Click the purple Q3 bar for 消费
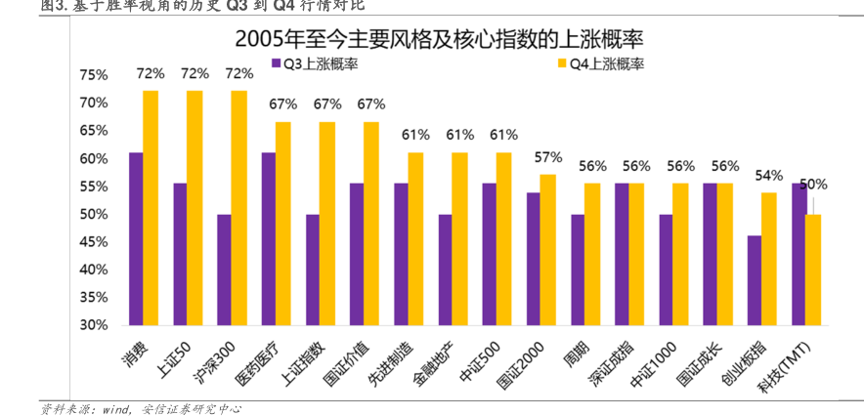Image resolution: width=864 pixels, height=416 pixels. (x=136, y=238)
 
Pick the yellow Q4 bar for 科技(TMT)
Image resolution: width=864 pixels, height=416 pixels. (x=813, y=270)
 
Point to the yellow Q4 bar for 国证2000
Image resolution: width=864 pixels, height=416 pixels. (x=548, y=249)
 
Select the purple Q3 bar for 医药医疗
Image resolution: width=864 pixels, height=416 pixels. (x=268, y=238)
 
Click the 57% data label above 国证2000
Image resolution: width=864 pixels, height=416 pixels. (x=548, y=157)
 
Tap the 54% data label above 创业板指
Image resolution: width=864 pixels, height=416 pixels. (x=769, y=176)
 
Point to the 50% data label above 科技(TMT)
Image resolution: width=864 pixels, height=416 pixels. (x=813, y=184)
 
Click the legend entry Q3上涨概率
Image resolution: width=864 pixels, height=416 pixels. (x=313, y=64)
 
